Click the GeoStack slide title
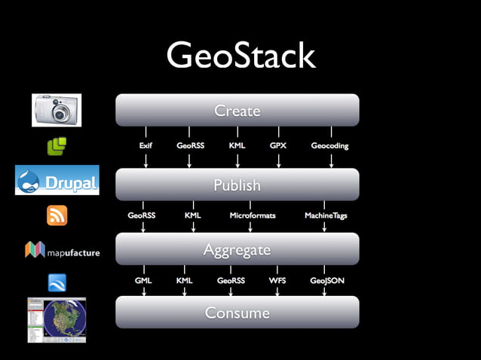240,56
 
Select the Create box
237,111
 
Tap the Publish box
237,185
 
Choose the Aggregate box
237,249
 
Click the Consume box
237,312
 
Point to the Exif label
146,145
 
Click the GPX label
278,145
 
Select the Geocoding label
329,145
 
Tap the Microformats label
253,215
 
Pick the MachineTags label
326,215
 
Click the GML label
143,280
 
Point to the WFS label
277,280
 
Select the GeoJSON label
327,280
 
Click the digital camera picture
57,110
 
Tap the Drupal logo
57,180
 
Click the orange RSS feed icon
57,215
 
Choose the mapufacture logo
62,250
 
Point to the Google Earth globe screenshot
57,320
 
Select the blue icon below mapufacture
57,282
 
